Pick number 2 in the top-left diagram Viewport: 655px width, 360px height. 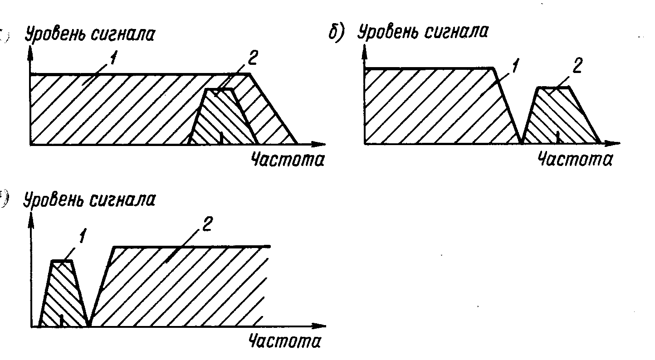click(x=253, y=58)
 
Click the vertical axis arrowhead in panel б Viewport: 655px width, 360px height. click(x=364, y=52)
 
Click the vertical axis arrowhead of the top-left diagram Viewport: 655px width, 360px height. click(x=30, y=53)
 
